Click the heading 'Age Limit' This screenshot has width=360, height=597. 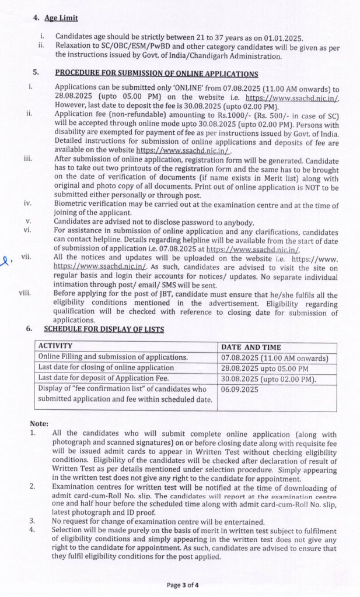61,19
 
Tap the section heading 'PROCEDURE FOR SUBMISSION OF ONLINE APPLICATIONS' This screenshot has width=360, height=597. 156,73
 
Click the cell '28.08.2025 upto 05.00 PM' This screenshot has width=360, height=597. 265,368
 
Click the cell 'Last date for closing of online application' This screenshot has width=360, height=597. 106,368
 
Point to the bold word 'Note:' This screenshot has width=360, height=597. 40,424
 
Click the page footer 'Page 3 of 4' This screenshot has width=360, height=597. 182,585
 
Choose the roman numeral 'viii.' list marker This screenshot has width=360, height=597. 25,293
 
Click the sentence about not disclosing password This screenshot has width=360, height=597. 154,222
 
